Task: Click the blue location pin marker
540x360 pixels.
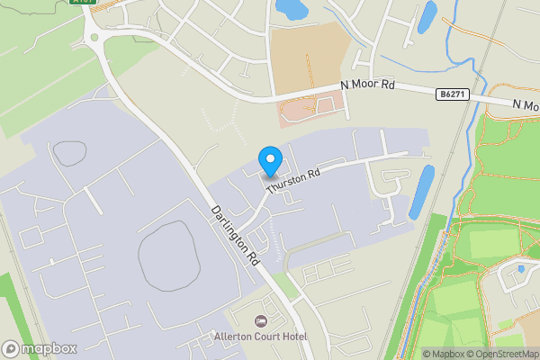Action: [x=269, y=160]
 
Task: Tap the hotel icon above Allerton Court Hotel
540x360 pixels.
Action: [x=262, y=321]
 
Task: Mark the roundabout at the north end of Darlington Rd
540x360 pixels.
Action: [x=93, y=37]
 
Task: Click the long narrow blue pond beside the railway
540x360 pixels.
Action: [x=420, y=193]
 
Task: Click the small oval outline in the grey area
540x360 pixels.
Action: [x=69, y=153]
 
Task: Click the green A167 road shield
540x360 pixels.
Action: [x=84, y=3]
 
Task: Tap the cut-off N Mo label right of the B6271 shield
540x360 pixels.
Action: [x=525, y=105]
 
